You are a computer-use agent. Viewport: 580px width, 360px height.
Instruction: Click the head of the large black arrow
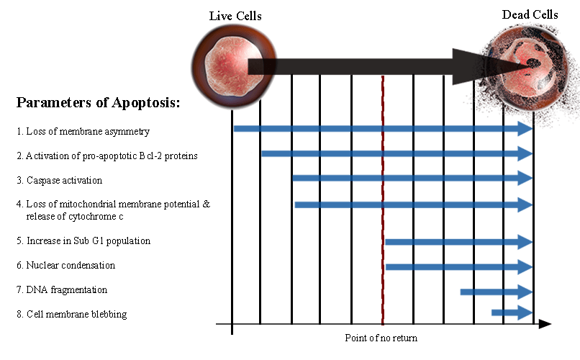(x=490, y=66)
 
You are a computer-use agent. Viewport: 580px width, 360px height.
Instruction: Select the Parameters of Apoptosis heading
(x=98, y=102)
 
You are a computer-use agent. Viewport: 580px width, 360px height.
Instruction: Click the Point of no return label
(x=381, y=338)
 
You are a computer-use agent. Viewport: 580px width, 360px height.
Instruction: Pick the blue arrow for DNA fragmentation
(x=496, y=292)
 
